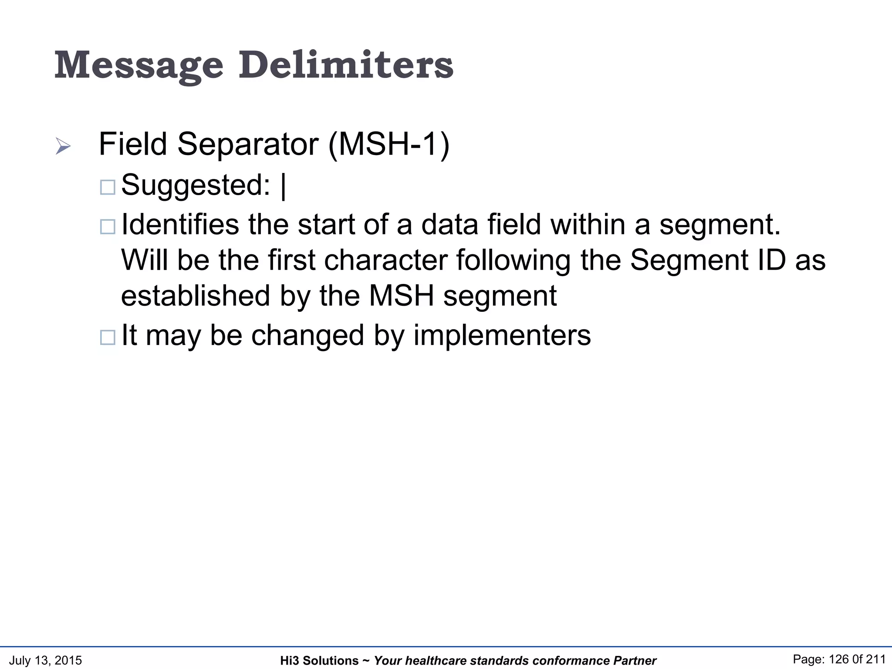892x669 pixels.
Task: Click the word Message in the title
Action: point(139,66)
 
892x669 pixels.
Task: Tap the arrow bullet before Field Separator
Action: point(63,146)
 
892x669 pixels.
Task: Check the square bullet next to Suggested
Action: point(108,187)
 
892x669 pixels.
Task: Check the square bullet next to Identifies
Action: point(108,227)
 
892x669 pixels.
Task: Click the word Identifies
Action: point(180,224)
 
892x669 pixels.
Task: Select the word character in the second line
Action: point(385,260)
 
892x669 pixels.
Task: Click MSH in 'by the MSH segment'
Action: point(402,296)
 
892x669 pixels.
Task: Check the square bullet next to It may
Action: point(108,338)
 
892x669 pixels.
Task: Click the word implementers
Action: point(502,335)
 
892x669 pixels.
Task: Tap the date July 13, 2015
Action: point(45,660)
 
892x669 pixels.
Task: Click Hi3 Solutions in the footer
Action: point(319,661)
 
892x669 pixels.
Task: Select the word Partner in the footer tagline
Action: point(635,661)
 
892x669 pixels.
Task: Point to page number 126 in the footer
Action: point(840,659)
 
